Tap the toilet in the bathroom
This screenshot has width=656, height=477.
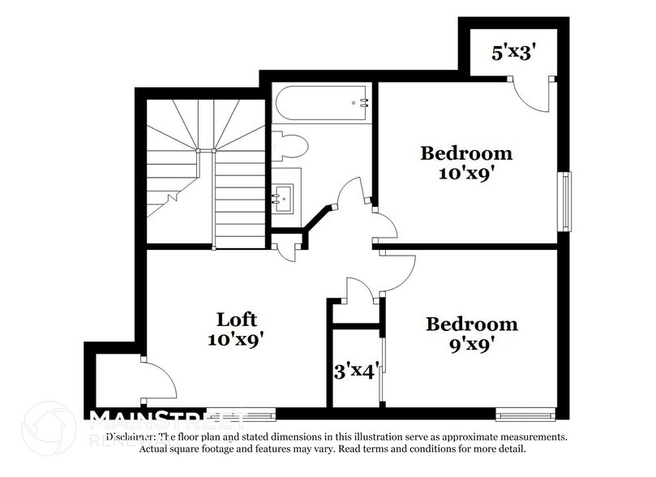(291, 145)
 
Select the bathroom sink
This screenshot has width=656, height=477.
(285, 195)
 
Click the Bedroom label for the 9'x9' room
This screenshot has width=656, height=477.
(472, 324)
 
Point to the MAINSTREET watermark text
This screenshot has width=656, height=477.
(166, 419)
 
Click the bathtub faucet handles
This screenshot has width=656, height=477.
(362, 102)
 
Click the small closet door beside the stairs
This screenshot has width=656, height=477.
(287, 249)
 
